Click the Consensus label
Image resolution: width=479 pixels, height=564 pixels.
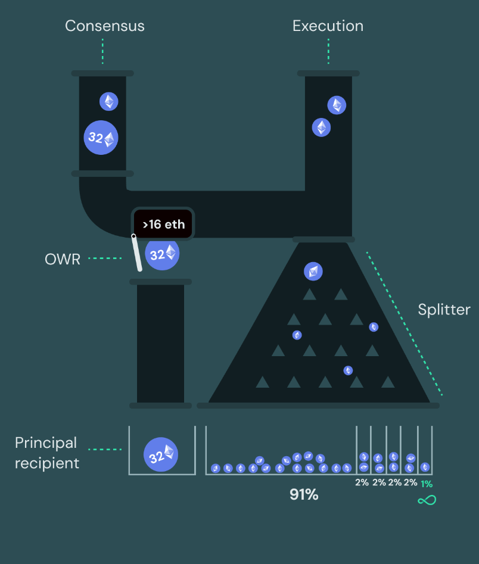[x=104, y=26]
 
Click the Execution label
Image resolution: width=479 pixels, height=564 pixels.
[x=328, y=26]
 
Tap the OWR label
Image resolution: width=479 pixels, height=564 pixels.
[x=62, y=259]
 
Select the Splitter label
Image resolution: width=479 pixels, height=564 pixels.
[x=444, y=310]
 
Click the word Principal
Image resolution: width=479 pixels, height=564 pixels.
[x=46, y=443]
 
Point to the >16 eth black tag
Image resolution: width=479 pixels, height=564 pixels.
[x=163, y=225]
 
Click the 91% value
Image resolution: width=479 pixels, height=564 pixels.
[x=304, y=494]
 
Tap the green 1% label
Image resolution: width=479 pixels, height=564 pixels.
[x=427, y=484]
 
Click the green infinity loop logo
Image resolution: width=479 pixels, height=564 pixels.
[x=427, y=500]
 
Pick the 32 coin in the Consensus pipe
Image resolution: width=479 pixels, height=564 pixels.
[x=101, y=138]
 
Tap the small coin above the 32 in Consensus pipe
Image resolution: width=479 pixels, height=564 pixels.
[x=109, y=101]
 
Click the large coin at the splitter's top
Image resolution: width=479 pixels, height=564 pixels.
[x=313, y=272]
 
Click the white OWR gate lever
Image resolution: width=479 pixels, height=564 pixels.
[x=136, y=253]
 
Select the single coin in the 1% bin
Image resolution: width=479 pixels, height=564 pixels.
[x=425, y=468]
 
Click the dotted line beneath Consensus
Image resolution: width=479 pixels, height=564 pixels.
[x=102, y=52]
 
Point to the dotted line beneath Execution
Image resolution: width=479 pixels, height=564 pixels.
[x=328, y=52]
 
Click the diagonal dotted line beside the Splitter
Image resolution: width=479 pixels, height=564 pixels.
[x=405, y=325]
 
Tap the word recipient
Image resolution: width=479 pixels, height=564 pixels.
[x=47, y=463]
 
